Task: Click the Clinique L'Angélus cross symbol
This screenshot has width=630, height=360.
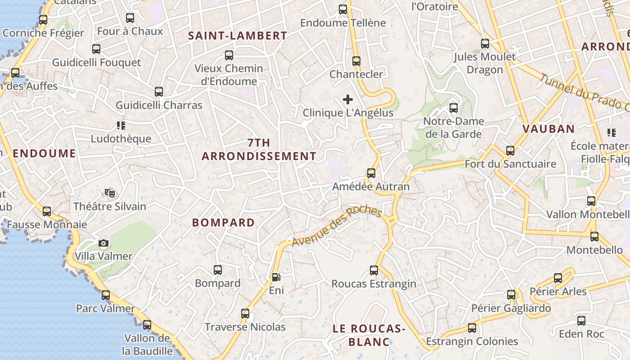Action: [x=347, y=99]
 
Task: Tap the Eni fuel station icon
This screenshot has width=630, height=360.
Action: [x=275, y=277]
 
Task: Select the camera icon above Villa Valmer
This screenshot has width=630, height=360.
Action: [x=103, y=243]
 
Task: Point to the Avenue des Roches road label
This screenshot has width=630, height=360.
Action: [x=337, y=227]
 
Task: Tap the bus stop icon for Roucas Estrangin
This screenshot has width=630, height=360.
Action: [x=374, y=270]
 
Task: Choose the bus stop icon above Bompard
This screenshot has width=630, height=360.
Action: [x=218, y=270]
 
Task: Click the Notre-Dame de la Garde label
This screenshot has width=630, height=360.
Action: [x=454, y=127]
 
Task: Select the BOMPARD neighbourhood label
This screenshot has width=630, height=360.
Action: [x=223, y=222]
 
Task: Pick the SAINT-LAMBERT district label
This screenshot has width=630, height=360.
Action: [x=237, y=36]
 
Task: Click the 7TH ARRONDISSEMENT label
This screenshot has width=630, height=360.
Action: [x=259, y=149]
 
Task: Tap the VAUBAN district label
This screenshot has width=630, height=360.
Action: [x=548, y=129]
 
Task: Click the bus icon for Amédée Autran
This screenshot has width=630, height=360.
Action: [x=371, y=173]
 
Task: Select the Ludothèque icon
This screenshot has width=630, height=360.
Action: [x=121, y=126]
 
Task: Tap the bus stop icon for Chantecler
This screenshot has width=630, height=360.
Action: [x=356, y=61]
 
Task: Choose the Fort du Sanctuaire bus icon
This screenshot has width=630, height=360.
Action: [x=510, y=151]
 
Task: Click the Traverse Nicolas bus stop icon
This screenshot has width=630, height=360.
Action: [x=245, y=313]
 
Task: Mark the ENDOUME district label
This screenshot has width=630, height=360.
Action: [x=44, y=153]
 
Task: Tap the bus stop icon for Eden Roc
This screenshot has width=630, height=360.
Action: [x=581, y=321]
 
